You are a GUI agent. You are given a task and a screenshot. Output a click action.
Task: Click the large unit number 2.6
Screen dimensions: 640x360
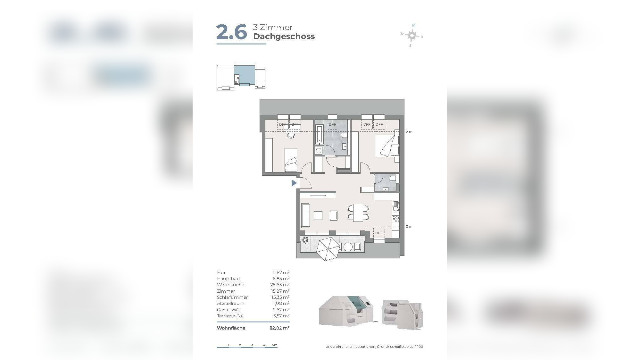(231, 32)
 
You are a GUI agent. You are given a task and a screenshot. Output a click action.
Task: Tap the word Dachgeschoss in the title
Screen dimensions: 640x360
(284, 37)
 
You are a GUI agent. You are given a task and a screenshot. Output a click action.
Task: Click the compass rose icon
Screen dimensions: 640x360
(412, 35)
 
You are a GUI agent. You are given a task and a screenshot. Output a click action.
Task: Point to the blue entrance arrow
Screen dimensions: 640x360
(294, 183)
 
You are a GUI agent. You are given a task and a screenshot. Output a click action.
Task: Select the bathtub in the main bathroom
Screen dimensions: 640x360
(319, 134)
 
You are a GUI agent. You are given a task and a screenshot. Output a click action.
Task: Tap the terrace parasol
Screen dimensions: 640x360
(328, 248)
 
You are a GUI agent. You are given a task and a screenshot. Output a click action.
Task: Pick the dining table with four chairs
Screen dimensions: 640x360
(358, 213)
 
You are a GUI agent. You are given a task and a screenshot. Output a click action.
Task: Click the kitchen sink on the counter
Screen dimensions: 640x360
(396, 206)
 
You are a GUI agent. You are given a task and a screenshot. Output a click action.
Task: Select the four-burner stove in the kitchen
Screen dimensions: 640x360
(396, 219)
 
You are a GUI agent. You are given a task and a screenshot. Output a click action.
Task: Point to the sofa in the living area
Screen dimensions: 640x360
(306, 215)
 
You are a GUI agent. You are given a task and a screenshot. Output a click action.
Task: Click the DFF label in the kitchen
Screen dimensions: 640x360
(379, 233)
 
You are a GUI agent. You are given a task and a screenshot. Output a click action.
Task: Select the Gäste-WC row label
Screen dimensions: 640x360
(228, 310)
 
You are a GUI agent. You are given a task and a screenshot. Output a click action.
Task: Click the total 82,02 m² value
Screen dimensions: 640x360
(279, 328)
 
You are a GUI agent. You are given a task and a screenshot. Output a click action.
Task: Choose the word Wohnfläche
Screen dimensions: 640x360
(231, 328)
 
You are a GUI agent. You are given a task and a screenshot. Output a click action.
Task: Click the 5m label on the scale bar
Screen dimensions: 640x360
(275, 345)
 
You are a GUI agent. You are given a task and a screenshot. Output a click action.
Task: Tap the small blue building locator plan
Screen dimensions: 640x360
(241, 76)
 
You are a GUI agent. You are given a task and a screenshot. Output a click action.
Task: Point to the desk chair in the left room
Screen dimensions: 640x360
(290, 136)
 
